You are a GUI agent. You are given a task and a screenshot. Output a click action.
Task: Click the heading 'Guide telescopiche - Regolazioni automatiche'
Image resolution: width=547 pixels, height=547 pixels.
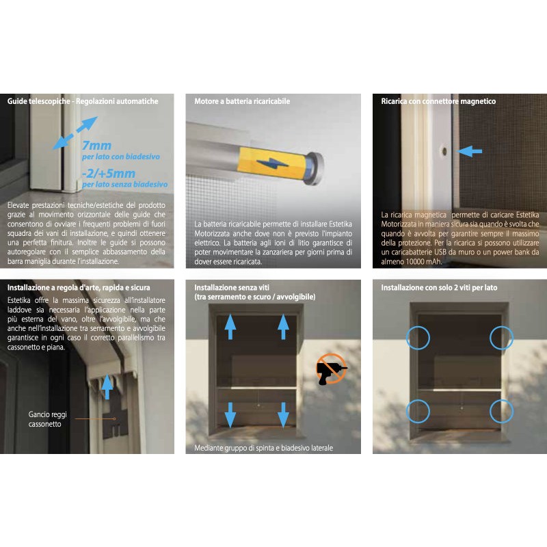click(83, 101)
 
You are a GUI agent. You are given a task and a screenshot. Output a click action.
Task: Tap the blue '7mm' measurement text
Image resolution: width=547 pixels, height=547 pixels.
click(96, 145)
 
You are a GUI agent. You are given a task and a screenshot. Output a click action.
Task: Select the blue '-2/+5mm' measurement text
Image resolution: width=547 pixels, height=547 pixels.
click(109, 174)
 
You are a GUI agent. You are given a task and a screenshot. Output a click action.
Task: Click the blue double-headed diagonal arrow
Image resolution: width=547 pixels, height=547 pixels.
click(75, 133)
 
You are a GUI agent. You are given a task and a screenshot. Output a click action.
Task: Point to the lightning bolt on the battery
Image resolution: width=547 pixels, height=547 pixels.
click(272, 163)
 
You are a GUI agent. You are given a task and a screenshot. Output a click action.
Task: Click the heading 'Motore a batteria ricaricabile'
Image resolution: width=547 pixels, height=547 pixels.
click(242, 101)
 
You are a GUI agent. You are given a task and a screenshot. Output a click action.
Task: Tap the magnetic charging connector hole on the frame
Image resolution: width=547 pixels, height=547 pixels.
click(444, 151)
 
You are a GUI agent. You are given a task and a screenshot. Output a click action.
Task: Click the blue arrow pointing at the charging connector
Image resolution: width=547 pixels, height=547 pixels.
click(469, 151)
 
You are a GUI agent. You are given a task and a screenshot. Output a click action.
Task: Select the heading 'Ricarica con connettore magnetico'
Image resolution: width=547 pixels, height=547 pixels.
click(438, 101)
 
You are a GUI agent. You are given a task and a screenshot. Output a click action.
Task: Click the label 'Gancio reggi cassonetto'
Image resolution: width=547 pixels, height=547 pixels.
click(47, 419)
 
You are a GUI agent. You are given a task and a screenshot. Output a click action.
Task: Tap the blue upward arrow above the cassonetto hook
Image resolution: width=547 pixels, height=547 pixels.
click(107, 387)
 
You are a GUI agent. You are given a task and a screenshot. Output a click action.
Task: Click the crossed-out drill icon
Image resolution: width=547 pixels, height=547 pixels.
click(332, 369)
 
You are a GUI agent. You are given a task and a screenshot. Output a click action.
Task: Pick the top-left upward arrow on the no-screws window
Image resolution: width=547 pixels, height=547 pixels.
click(230, 327)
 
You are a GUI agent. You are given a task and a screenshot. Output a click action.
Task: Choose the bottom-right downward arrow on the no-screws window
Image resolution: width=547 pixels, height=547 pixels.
click(283, 415)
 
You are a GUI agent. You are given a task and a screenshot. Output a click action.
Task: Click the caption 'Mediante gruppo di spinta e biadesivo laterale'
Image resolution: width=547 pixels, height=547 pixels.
click(264, 448)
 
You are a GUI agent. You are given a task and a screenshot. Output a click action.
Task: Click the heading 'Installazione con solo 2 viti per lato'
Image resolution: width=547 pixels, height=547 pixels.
click(439, 287)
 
